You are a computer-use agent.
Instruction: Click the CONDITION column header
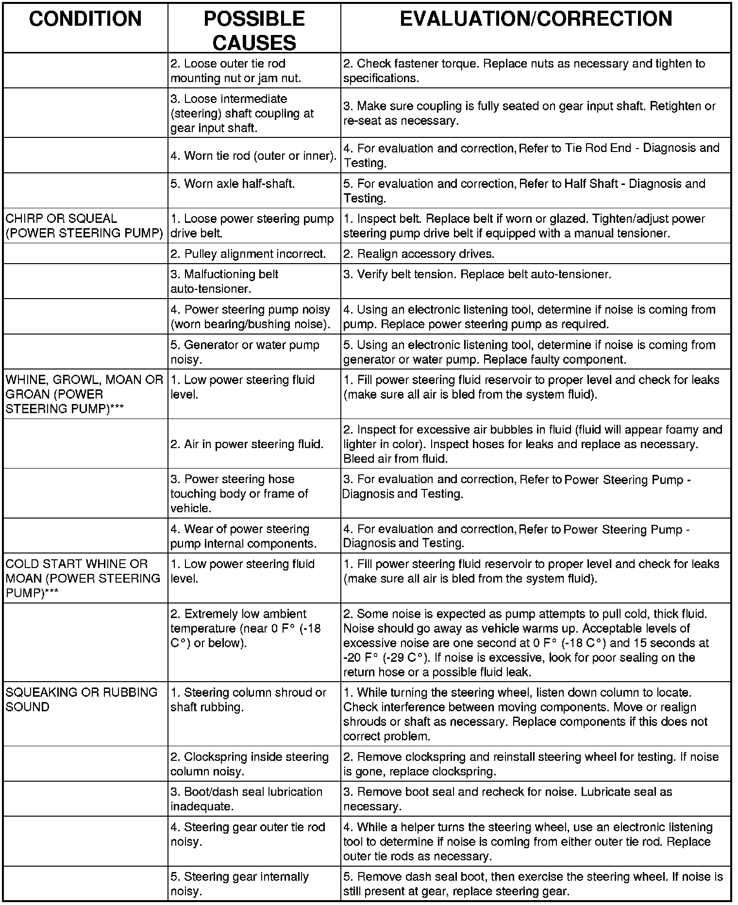[85, 19]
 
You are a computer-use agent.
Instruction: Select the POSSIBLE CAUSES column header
[254, 31]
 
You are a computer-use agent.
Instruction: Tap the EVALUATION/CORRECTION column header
[536, 19]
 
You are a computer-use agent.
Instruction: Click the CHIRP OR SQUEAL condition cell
[84, 226]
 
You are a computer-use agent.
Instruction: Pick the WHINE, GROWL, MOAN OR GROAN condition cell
[84, 394]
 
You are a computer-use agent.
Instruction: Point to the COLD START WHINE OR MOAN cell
[83, 578]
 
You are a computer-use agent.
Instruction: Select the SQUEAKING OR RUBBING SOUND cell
[82, 699]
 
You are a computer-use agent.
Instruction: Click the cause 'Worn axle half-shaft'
[233, 184]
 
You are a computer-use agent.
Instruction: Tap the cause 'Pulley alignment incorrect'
[248, 253]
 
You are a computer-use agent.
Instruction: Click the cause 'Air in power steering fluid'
[247, 444]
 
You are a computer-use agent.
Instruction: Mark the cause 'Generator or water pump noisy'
[245, 352]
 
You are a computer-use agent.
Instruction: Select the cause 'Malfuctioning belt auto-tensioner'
[224, 281]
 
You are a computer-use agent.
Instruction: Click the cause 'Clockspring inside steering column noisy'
[249, 764]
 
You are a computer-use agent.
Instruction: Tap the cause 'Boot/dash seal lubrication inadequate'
[246, 799]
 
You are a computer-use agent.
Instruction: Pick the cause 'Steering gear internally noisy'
[239, 884]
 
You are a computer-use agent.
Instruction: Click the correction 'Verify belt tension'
[477, 274]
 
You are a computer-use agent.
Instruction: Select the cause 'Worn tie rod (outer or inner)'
[253, 155]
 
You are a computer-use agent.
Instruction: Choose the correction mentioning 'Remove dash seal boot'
[533, 884]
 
